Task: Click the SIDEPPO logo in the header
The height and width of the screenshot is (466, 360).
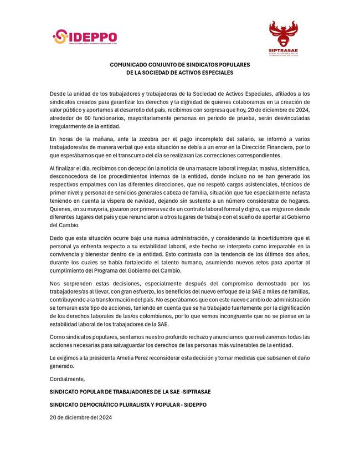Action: [x=84, y=37]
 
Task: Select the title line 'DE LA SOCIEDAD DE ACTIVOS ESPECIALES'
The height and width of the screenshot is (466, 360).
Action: [x=180, y=73]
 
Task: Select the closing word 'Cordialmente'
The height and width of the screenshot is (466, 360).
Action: [x=68, y=379]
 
